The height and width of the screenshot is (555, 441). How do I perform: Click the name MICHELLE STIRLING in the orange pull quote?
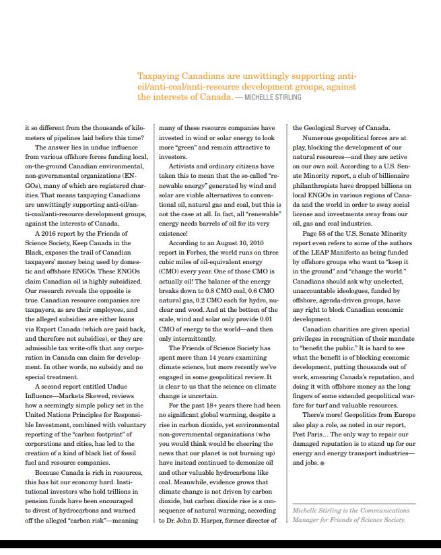point(273,98)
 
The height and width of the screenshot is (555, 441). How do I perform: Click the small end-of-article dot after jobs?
point(323,464)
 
